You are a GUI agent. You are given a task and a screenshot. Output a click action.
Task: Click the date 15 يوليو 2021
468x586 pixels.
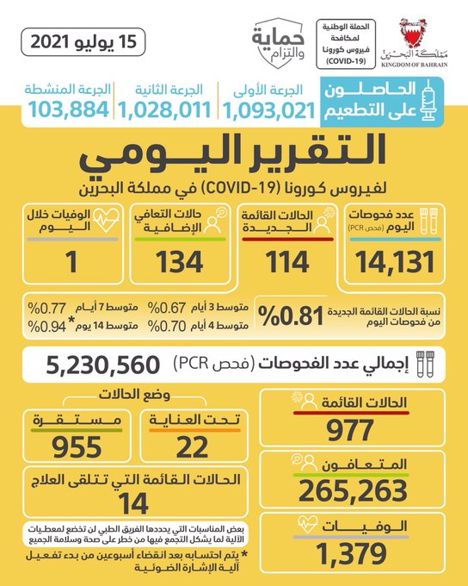pyautogui.click(x=83, y=41)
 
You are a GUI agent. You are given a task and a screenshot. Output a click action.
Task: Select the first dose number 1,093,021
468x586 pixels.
pyautogui.click(x=269, y=110)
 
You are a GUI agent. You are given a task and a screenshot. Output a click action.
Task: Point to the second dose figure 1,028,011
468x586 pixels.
pyautogui.click(x=164, y=110)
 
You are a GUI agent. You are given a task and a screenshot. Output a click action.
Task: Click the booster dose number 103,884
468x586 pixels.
pyautogui.click(x=69, y=109)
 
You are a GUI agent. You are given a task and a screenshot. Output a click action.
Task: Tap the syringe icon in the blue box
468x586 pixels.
pyautogui.click(x=428, y=100)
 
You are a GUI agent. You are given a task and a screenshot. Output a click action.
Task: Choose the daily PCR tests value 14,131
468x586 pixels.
pyautogui.click(x=395, y=262)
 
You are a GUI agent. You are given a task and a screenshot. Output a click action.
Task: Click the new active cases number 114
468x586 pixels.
pyautogui.click(x=287, y=262)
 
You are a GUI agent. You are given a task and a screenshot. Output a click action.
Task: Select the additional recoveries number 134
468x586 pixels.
pyautogui.click(x=180, y=262)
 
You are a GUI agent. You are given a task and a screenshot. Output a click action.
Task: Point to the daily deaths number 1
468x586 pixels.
pyautogui.click(x=71, y=262)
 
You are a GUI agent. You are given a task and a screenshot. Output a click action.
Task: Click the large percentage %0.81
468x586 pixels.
pyautogui.click(x=291, y=315)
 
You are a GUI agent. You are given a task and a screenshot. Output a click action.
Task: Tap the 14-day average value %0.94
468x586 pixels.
pyautogui.click(x=47, y=327)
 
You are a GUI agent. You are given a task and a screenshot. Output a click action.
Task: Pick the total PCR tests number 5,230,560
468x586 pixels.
pyautogui.click(x=103, y=365)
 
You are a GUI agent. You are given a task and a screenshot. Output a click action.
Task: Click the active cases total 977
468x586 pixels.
pyautogui.click(x=349, y=430)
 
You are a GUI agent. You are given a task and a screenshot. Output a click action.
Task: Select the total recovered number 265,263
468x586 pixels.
pyautogui.click(x=353, y=491)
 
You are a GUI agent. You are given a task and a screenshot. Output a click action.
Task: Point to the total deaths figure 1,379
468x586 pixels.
pyautogui.click(x=351, y=553)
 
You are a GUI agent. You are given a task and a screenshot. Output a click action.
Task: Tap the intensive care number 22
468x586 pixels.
pyautogui.click(x=192, y=447)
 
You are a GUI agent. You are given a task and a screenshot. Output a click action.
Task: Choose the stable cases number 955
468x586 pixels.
pyautogui.click(x=77, y=447)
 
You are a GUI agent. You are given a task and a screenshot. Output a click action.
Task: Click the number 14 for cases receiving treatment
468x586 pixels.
pyautogui.click(x=133, y=504)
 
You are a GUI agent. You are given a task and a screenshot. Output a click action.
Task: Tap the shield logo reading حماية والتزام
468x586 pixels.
pyautogui.click(x=278, y=43)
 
